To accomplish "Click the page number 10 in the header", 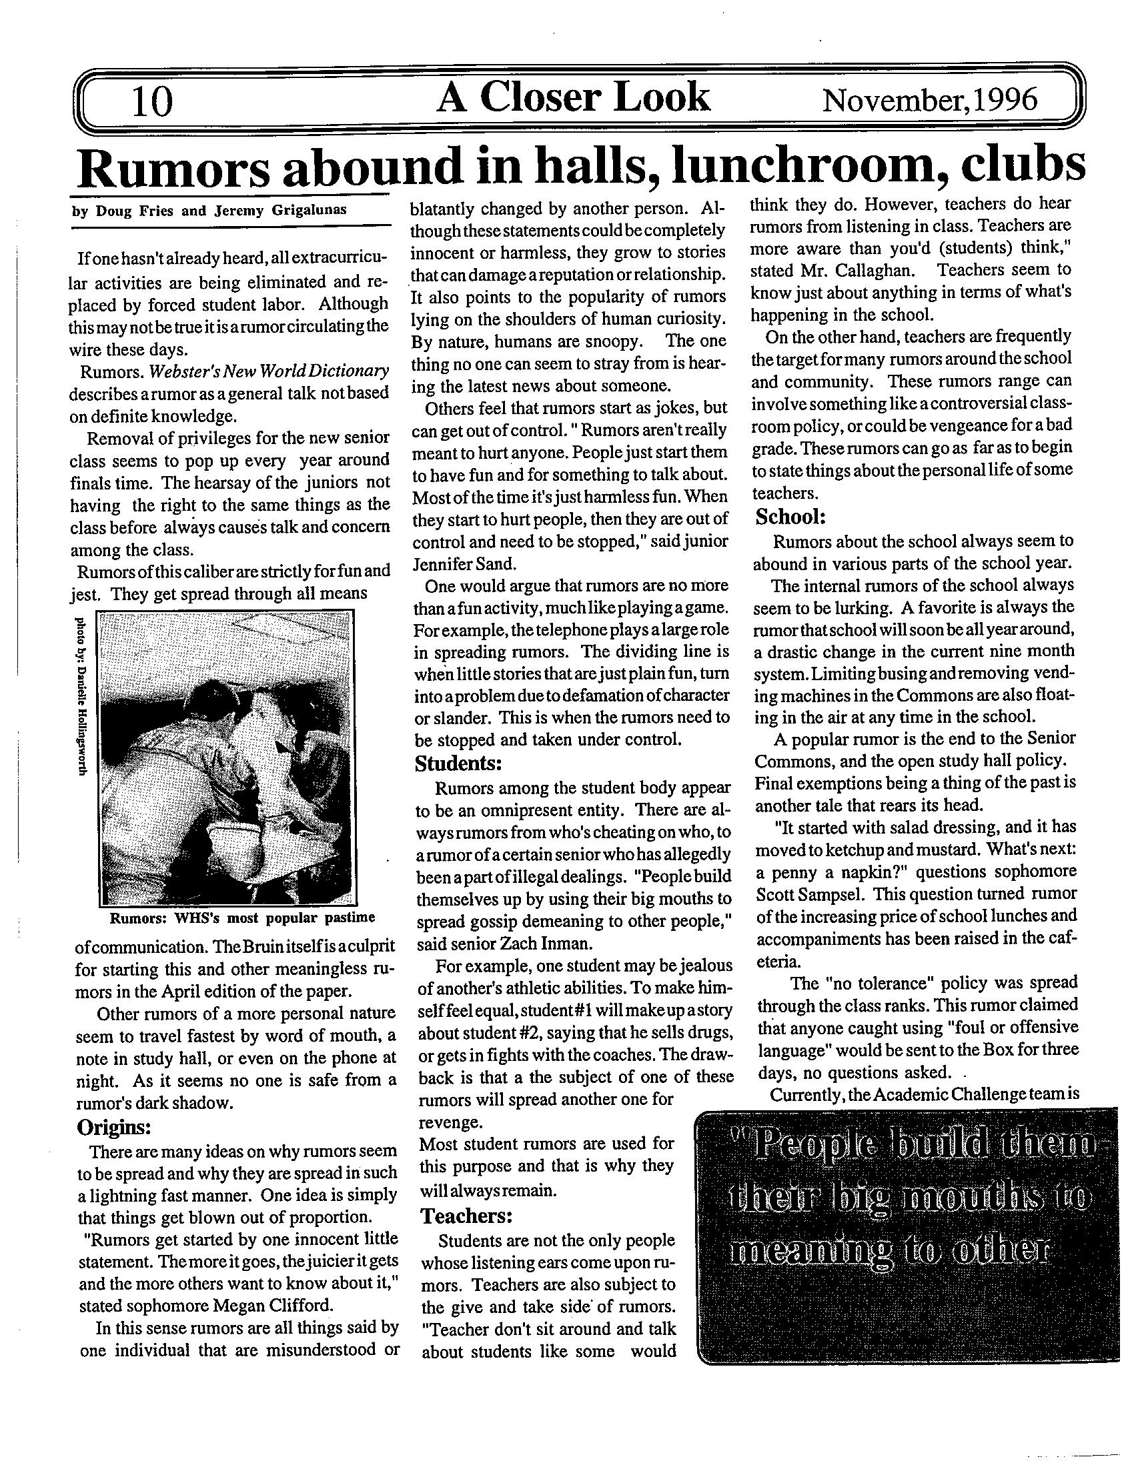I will [x=153, y=102].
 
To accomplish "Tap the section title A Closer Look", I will [x=572, y=97].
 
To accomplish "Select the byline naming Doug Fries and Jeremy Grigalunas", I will [x=209, y=210].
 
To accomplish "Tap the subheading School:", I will [x=790, y=517].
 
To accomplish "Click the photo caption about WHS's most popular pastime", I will [x=242, y=918].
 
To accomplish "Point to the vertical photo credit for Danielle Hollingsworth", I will [x=81, y=695].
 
